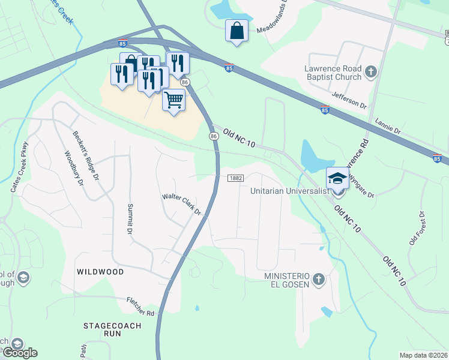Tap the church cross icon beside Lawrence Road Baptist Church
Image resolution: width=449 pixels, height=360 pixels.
click(371, 73)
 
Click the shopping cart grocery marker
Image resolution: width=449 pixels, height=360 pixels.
click(173, 100)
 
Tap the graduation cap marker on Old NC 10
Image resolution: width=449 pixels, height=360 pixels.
click(337, 178)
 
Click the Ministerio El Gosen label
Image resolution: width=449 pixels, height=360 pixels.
click(286, 279)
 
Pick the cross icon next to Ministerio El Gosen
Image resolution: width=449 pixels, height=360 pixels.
click(318, 279)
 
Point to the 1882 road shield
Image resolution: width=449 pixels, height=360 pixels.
click(235, 178)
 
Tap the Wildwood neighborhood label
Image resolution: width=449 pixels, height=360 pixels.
click(100, 272)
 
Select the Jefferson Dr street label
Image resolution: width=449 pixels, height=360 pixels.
click(349, 100)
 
